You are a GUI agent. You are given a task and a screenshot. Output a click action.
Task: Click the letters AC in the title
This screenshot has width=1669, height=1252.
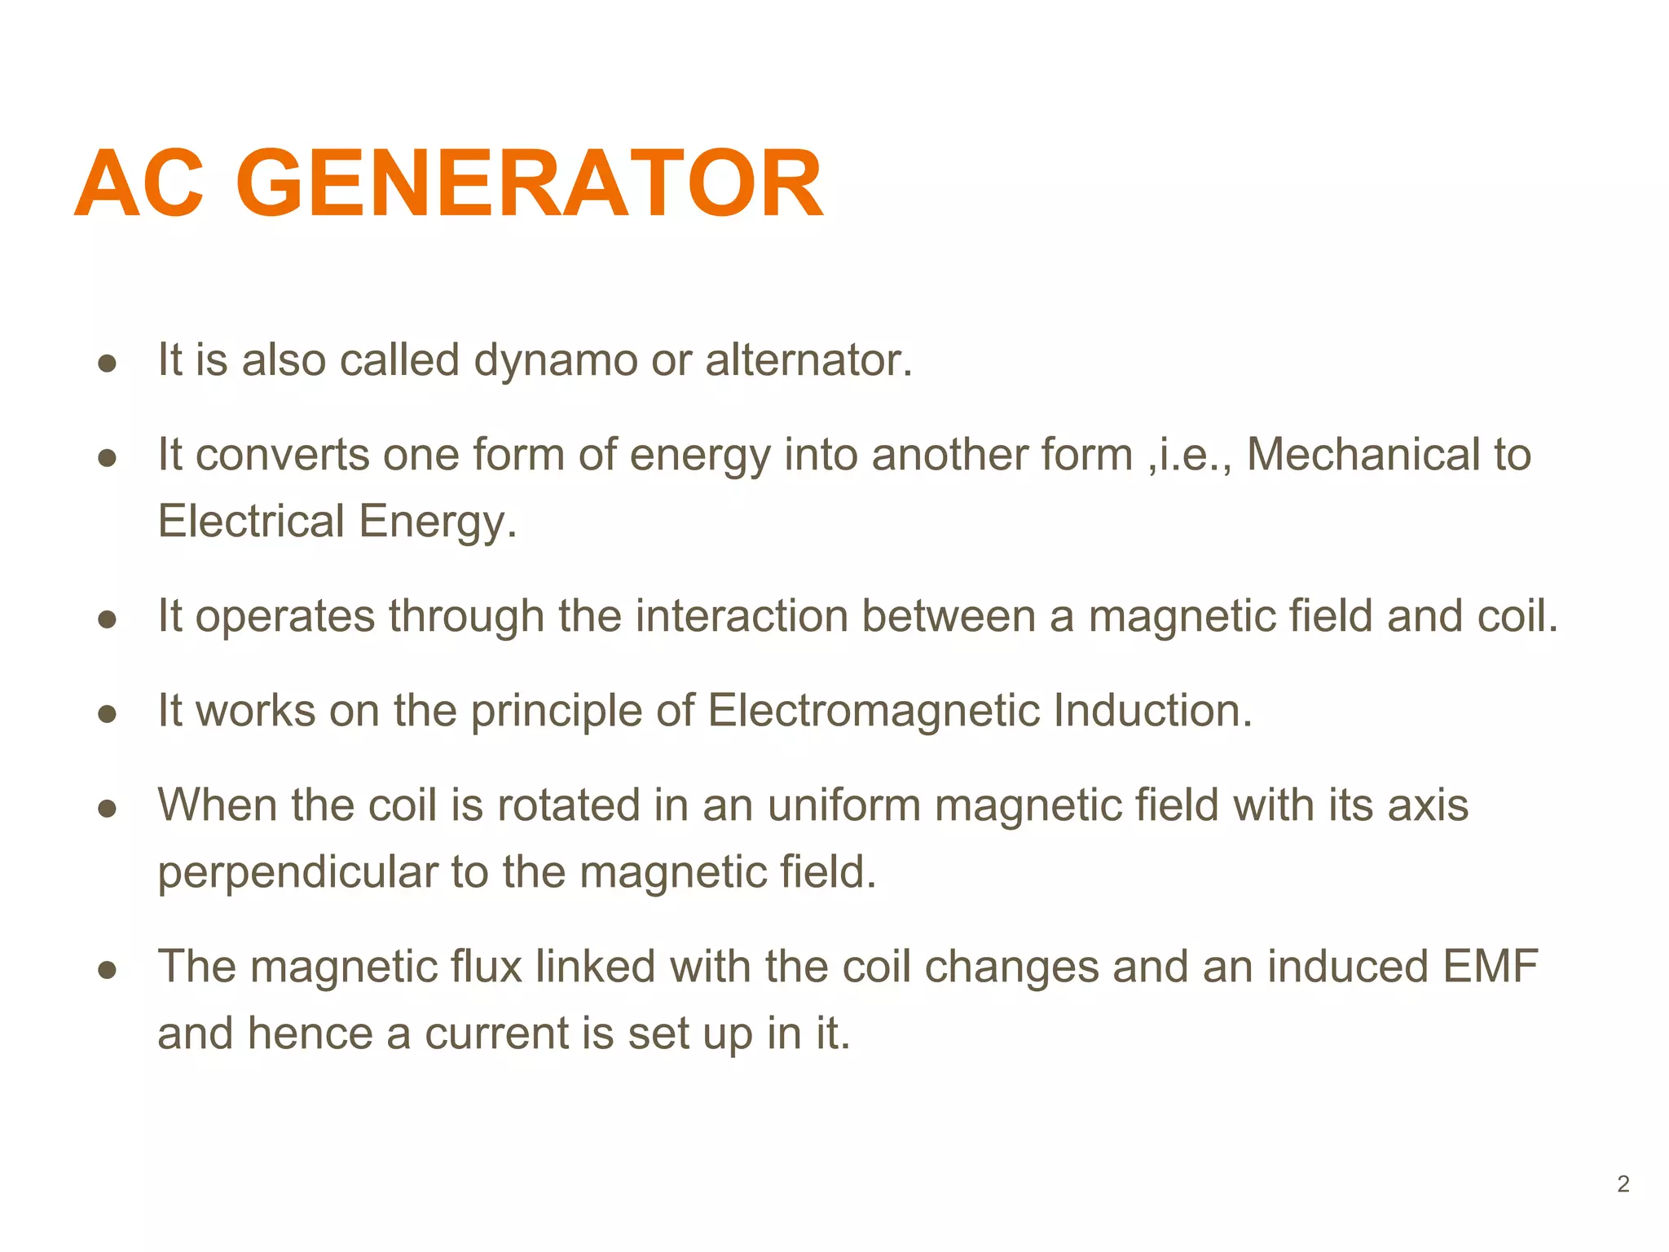(139, 183)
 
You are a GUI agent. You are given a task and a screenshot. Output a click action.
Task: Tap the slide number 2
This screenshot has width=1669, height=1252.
(1623, 1184)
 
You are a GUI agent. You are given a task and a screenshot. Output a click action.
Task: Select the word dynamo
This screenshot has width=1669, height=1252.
(556, 360)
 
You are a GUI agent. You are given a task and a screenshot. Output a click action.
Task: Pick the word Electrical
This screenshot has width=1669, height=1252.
(251, 522)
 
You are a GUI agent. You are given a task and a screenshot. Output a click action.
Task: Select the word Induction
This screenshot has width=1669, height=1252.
(1152, 711)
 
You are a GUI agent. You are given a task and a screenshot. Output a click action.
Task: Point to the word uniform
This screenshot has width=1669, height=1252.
(844, 805)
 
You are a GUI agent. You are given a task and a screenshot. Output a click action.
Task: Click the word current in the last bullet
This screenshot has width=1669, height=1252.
(496, 1034)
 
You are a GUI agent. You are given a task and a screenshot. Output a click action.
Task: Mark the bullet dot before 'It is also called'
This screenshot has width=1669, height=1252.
(107, 364)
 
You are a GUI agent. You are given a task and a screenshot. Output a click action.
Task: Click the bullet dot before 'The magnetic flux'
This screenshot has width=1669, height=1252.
(107, 970)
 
